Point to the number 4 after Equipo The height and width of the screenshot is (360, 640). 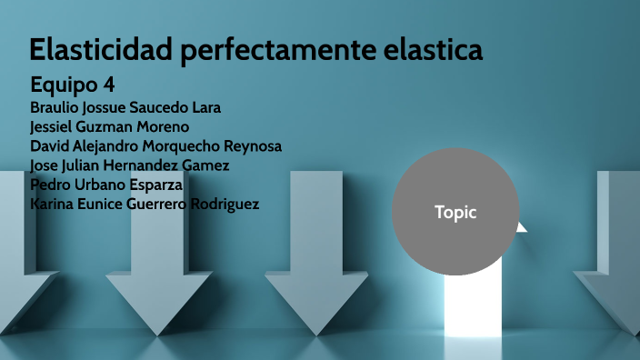click(x=108, y=85)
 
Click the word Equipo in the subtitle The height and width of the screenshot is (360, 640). click(x=63, y=85)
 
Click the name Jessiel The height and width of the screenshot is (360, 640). click(x=55, y=126)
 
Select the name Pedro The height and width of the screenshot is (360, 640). click(x=50, y=185)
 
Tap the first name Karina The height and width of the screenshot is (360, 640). click(x=54, y=204)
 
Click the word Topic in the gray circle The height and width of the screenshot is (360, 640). click(x=455, y=213)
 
